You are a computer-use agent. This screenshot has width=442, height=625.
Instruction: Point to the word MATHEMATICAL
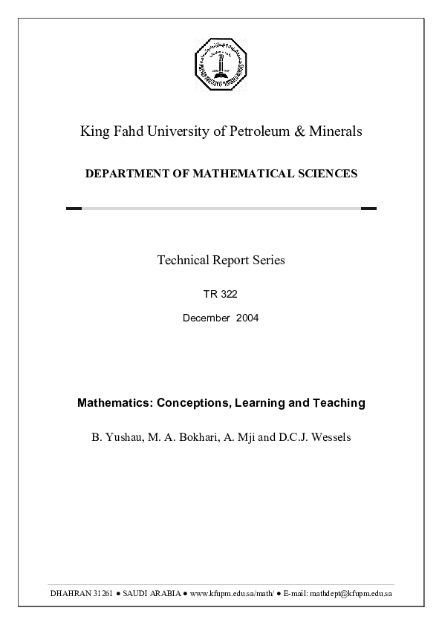(235, 174)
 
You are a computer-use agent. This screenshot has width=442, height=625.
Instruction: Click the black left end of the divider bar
(74, 209)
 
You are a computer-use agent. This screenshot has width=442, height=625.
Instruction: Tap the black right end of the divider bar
(368, 209)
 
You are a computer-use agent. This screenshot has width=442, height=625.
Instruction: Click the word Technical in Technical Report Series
(183, 260)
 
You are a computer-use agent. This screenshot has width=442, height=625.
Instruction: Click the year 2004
(247, 318)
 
